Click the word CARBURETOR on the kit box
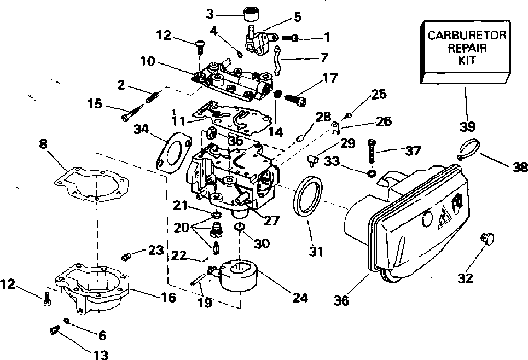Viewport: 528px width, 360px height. (466, 36)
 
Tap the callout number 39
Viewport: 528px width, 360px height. (467, 126)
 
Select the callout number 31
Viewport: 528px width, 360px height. (316, 251)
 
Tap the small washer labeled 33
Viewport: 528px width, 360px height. (372, 173)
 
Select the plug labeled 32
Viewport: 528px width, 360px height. (488, 238)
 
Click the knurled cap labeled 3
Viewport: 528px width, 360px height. (253, 15)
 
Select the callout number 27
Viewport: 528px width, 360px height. (271, 220)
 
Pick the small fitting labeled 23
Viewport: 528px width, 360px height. (126, 257)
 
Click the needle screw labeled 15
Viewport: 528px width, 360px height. (132, 112)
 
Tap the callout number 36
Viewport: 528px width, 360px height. (341, 301)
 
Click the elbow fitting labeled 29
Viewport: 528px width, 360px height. (312, 160)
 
